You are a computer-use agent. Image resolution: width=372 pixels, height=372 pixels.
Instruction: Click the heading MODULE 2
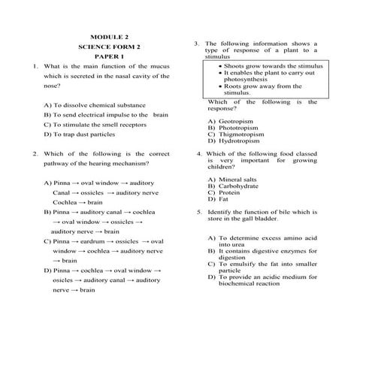(x=110, y=36)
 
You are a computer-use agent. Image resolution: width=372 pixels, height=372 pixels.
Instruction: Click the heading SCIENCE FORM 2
(x=110, y=47)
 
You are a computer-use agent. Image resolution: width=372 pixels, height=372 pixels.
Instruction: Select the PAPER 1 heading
(x=110, y=57)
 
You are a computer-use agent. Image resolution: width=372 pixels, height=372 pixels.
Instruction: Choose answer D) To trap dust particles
(x=83, y=135)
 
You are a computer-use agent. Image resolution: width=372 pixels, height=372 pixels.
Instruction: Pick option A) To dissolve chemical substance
(x=95, y=105)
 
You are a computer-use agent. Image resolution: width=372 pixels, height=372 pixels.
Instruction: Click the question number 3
(x=196, y=44)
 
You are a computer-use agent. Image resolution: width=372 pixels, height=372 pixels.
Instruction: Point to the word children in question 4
(x=220, y=166)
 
